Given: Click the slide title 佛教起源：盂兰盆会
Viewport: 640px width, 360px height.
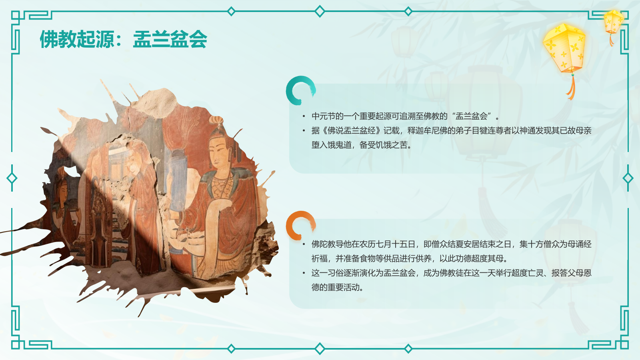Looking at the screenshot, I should [x=123, y=40].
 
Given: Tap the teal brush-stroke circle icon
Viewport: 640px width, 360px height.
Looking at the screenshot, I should [x=300, y=90].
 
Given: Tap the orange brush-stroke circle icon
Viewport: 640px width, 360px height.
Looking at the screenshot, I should [x=300, y=225].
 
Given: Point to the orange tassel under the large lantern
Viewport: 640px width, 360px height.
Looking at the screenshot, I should [x=572, y=88].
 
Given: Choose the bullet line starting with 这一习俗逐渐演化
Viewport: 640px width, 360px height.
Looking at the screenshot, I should [x=451, y=273].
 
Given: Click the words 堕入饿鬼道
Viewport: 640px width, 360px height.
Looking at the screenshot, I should [x=332, y=145].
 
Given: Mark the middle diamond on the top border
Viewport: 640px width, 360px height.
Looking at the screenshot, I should [x=320, y=11].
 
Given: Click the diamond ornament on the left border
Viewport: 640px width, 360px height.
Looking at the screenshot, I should [x=12, y=178].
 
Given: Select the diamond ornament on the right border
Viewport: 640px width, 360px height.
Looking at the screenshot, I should [x=628, y=178].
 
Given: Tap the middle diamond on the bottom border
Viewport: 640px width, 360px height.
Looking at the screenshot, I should [x=320, y=349].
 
